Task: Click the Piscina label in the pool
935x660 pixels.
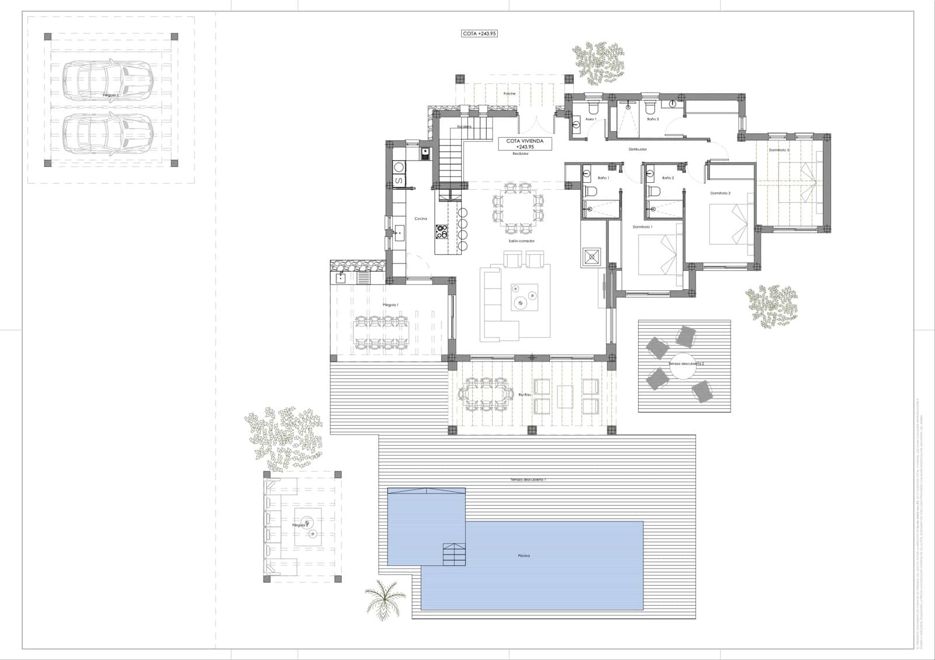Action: click(524, 555)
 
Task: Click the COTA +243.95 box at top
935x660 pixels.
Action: click(480, 34)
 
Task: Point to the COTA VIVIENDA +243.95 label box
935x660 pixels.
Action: click(525, 144)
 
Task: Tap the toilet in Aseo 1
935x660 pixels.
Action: click(593, 108)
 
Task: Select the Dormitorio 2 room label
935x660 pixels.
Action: click(721, 193)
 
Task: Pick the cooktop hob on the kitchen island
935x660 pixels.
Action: click(442, 232)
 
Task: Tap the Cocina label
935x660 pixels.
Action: click(421, 218)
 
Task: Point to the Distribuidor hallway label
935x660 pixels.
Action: click(638, 150)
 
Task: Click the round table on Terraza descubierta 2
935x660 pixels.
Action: click(682, 366)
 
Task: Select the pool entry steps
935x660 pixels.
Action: click(455, 554)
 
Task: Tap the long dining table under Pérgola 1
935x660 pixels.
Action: click(380, 332)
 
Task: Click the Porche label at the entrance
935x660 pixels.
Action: click(510, 93)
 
